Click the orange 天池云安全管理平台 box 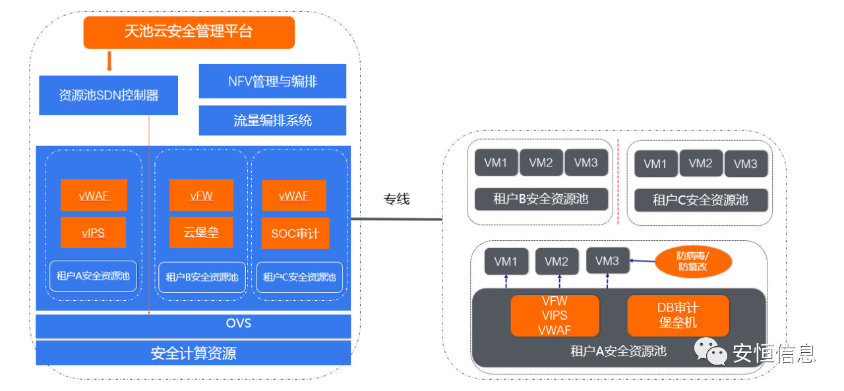point(189,32)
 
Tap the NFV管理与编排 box point(272,82)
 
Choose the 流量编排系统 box point(272,120)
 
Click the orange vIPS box point(93,233)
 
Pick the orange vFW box point(201,195)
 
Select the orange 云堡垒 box point(201,233)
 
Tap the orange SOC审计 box point(295,233)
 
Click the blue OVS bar point(193,324)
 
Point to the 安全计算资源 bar point(193,353)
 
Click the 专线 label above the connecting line point(396,199)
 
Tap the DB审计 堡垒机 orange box point(678,315)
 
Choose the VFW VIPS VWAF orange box point(555,315)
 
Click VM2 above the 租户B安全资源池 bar point(541,163)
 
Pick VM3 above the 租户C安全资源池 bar point(745,164)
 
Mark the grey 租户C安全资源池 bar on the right point(700,200)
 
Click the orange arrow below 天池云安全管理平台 point(109,61)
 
